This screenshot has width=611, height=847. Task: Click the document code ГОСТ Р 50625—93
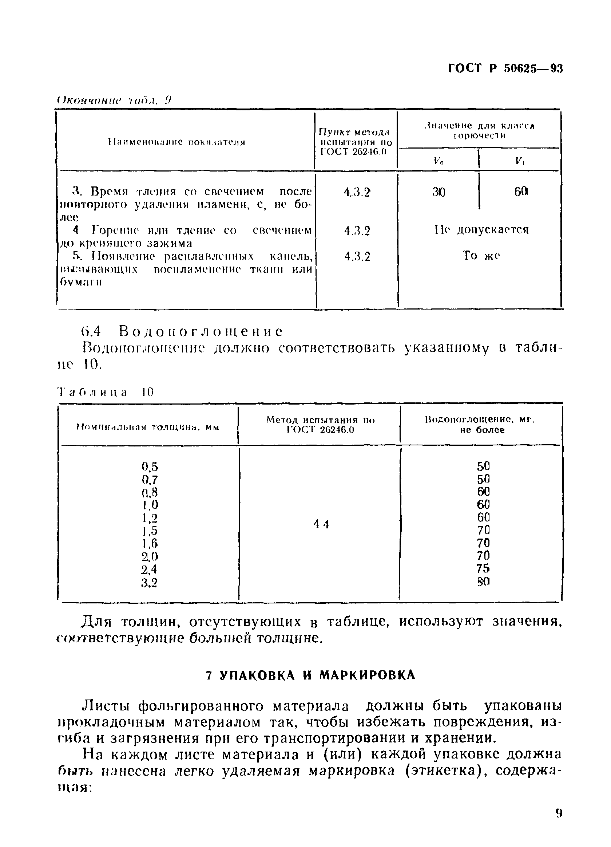click(505, 68)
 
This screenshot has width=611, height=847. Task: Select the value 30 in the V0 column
click(439, 192)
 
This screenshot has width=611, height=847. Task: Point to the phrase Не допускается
click(481, 229)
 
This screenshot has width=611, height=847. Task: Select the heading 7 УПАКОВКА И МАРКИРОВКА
click(310, 674)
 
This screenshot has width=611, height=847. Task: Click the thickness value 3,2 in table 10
click(149, 583)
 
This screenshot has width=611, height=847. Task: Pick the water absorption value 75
click(483, 568)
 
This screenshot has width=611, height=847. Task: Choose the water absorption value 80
click(483, 582)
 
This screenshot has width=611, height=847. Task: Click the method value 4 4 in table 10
click(321, 524)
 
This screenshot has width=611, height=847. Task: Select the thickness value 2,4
click(149, 570)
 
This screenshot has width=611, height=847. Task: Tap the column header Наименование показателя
click(176, 142)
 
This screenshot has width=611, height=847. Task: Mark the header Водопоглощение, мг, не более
click(481, 425)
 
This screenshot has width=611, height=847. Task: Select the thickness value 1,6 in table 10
click(149, 544)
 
